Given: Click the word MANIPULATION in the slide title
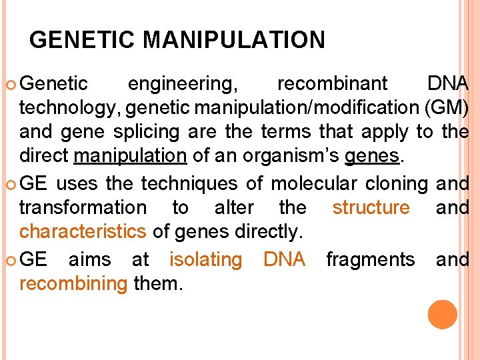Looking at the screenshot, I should click(234, 41).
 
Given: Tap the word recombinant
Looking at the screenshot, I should click(332, 84).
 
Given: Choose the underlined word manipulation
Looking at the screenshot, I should click(130, 157).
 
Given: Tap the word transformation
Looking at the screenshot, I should click(83, 208).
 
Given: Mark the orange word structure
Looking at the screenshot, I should click(371, 208).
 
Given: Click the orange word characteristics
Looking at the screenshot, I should click(83, 232).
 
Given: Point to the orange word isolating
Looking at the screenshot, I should click(205, 259).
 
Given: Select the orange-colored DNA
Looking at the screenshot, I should click(284, 259).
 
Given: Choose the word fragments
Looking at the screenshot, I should click(370, 259).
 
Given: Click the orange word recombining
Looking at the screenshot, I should click(73, 284).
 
